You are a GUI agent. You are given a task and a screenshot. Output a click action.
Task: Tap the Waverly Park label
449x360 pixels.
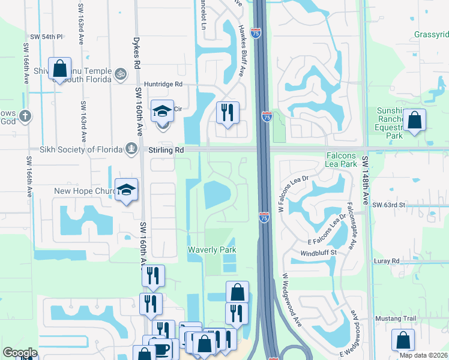pyautogui.click(x=211, y=250)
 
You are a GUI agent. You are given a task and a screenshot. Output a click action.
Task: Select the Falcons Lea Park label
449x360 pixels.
pyautogui.click(x=341, y=160)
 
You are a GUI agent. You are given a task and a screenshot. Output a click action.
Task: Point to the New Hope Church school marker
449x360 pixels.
pyautogui.click(x=127, y=190)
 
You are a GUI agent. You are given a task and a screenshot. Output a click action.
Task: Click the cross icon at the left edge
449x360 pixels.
pyautogui.click(x=25, y=116)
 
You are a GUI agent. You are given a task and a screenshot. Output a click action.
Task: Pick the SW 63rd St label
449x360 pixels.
pyautogui.click(x=390, y=205)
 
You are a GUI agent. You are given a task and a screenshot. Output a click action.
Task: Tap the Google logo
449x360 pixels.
pyautogui.click(x=19, y=353)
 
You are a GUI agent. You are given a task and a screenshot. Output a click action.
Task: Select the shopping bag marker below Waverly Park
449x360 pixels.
pyautogui.click(x=237, y=292)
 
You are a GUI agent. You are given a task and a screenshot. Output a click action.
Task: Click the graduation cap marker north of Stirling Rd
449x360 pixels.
pyautogui.click(x=162, y=111)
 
